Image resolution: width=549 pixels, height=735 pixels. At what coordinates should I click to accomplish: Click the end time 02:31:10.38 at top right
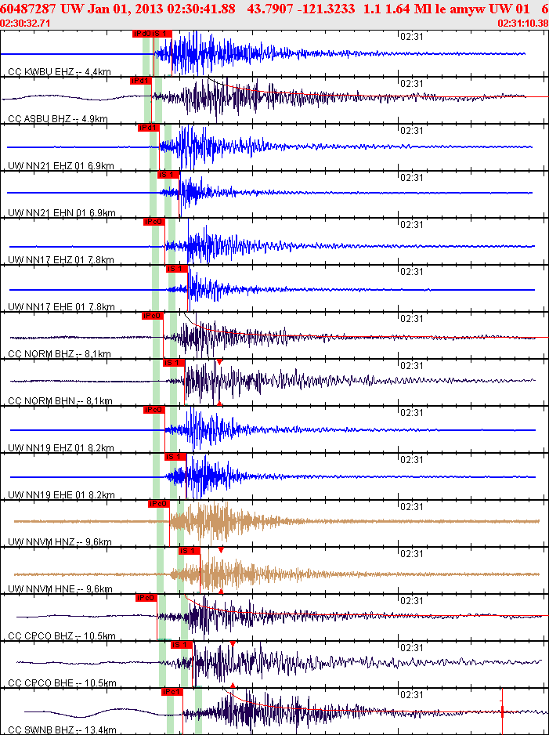[x=522, y=24]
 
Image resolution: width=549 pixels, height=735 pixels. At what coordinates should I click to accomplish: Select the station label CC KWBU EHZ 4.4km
[x=59, y=72]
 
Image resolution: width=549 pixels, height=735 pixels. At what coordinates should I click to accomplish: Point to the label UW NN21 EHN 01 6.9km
[x=61, y=213]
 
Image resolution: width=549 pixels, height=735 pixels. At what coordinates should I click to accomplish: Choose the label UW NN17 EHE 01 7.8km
[x=61, y=306]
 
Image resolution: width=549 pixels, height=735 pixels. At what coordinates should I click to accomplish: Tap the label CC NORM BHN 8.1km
[x=60, y=400]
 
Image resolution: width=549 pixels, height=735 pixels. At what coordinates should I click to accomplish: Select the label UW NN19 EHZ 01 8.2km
[x=61, y=448]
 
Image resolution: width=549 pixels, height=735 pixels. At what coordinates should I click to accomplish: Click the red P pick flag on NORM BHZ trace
[x=152, y=316]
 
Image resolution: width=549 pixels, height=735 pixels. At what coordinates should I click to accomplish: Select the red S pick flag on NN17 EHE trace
[x=176, y=269]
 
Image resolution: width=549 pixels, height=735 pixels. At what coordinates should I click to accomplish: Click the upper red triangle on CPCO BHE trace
[x=233, y=643]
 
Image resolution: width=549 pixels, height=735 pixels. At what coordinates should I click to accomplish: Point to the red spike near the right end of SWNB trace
[x=502, y=711]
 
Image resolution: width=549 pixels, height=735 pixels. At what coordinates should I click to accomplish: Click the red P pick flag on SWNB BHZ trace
[x=172, y=692]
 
